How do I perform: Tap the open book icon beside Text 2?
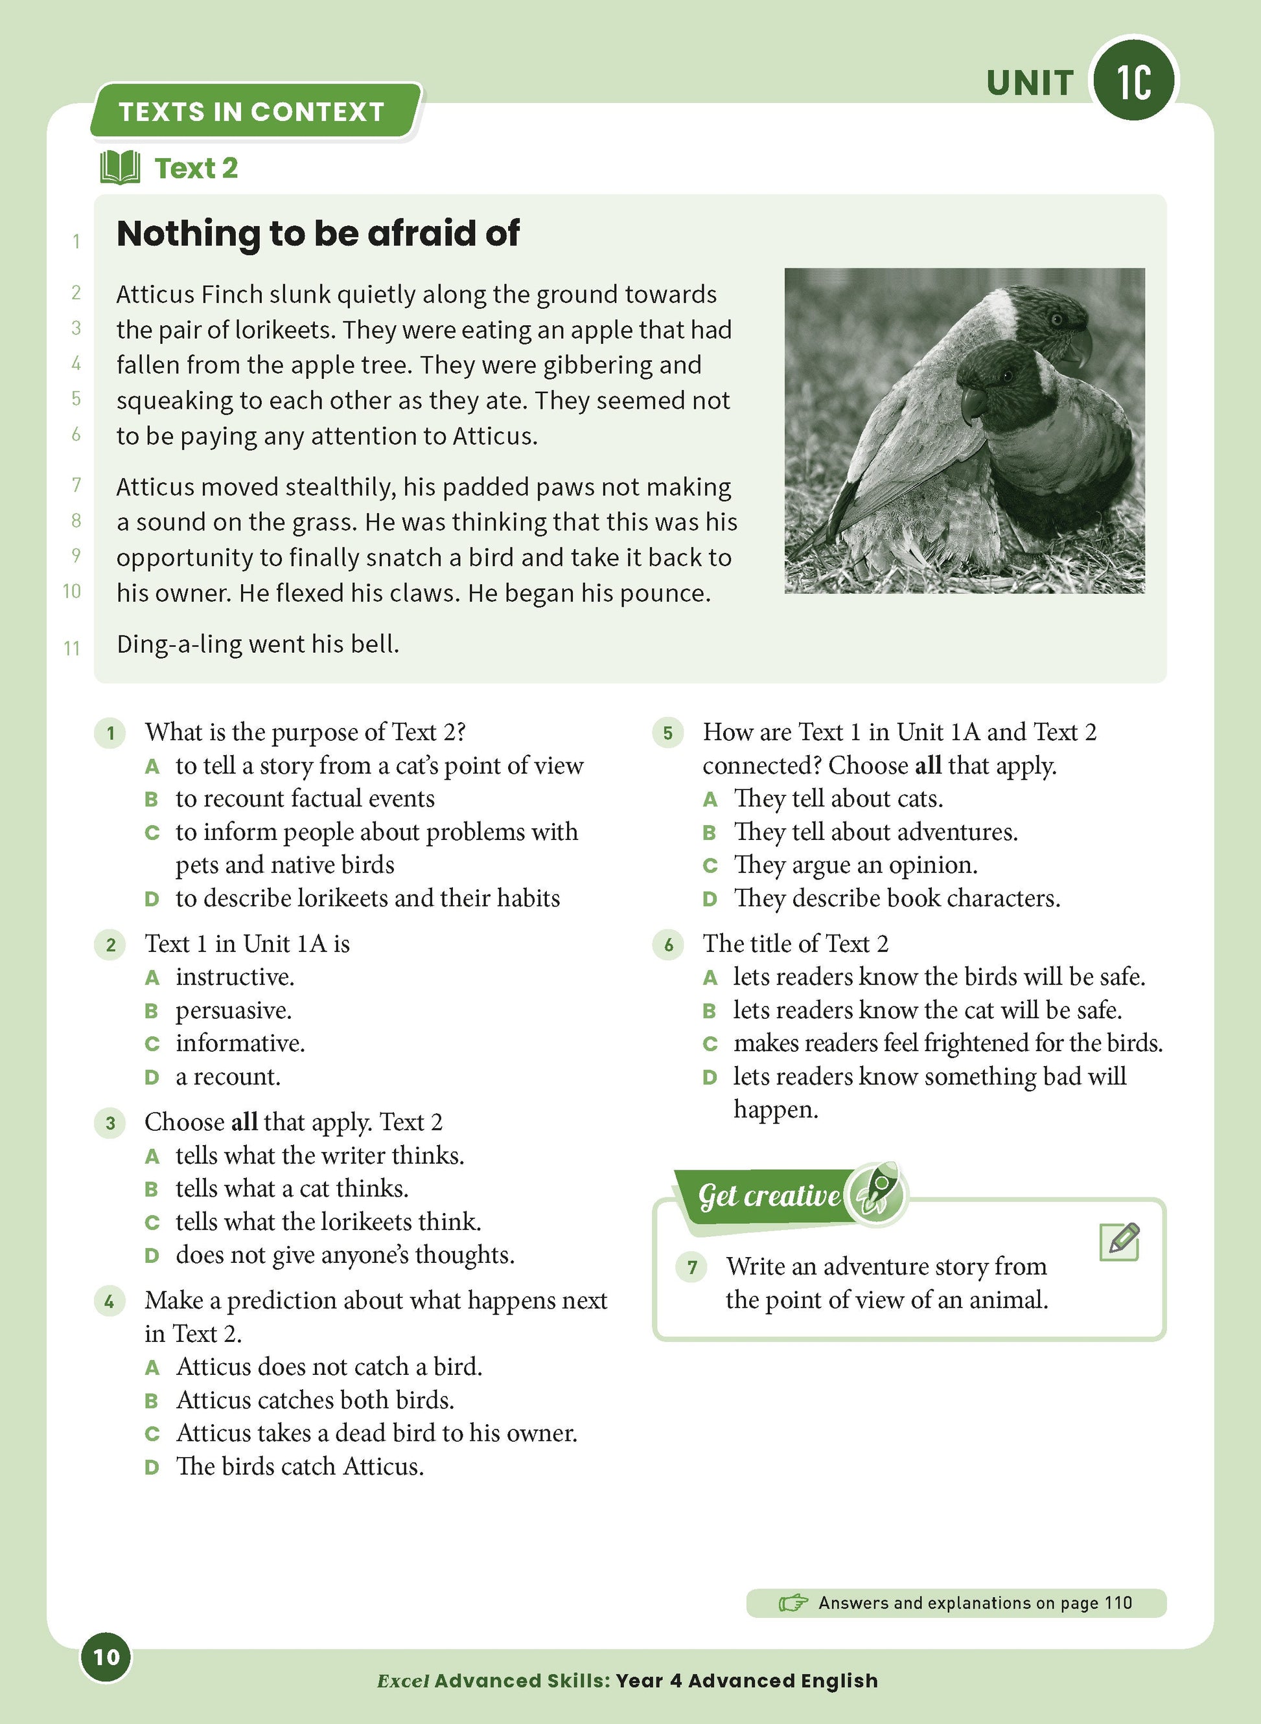click(120, 167)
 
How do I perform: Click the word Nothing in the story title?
click(188, 233)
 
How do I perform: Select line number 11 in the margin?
click(72, 648)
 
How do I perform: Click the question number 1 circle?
click(111, 733)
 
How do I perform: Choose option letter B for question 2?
click(152, 1011)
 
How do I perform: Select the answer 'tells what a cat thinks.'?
click(292, 1188)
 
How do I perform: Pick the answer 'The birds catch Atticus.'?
click(300, 1466)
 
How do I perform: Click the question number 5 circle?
click(668, 733)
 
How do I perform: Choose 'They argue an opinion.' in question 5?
click(855, 865)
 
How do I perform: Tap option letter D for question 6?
click(710, 1077)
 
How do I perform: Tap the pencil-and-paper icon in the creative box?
click(1119, 1242)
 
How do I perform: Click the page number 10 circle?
click(106, 1656)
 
